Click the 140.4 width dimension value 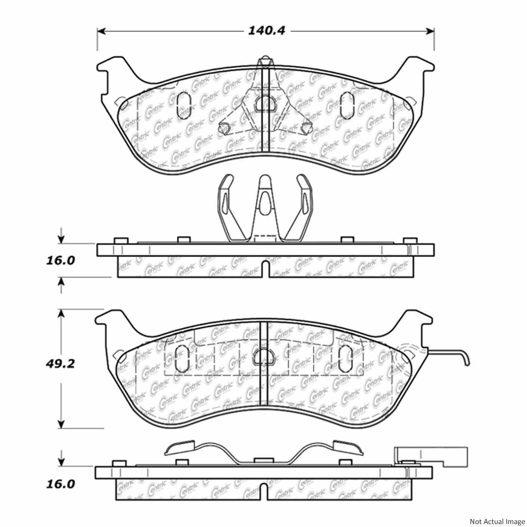coord(266,31)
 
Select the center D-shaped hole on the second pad coord(263,358)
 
